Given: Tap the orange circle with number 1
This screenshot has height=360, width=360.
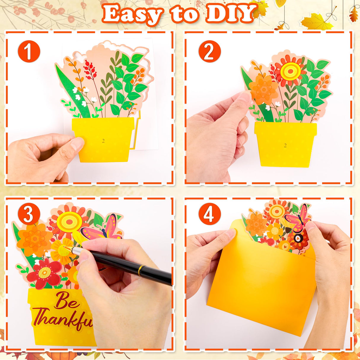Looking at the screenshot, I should tap(29, 51).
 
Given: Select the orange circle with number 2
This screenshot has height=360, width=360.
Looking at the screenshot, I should tap(210, 51).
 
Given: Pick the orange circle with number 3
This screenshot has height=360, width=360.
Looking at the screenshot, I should tap(29, 214).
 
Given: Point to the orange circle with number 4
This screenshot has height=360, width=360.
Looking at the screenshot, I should tap(210, 214).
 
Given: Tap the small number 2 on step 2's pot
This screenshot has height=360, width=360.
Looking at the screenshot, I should tap(285, 146).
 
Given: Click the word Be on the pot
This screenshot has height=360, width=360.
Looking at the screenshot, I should tap(66, 301).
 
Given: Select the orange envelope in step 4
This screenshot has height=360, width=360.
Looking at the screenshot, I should tap(261, 291).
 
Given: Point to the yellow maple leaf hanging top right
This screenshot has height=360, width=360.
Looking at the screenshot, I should tap(316, 22).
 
